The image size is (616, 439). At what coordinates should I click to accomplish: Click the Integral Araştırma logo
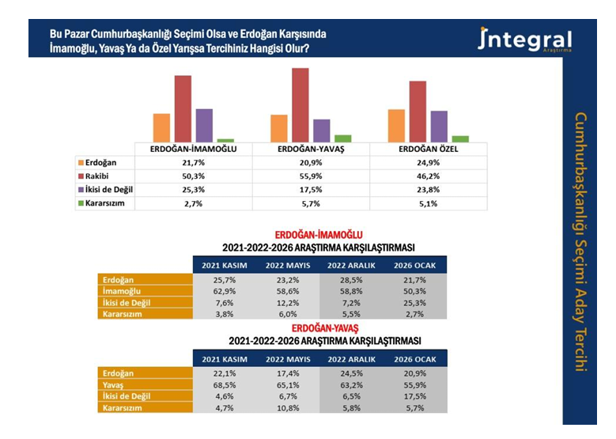(x=524, y=40)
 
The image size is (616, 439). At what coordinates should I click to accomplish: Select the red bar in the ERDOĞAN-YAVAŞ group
(x=300, y=104)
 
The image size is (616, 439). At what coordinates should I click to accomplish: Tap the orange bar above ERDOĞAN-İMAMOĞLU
(x=162, y=127)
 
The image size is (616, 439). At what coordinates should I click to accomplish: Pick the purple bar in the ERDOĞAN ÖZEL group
(x=439, y=126)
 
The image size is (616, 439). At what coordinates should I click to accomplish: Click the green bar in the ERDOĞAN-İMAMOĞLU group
(x=225, y=140)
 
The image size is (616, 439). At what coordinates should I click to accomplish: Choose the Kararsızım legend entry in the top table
(x=105, y=203)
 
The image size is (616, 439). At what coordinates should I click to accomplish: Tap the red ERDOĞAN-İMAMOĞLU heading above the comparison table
(x=318, y=235)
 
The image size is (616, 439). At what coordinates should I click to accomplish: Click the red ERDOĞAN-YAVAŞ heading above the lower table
(x=325, y=327)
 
